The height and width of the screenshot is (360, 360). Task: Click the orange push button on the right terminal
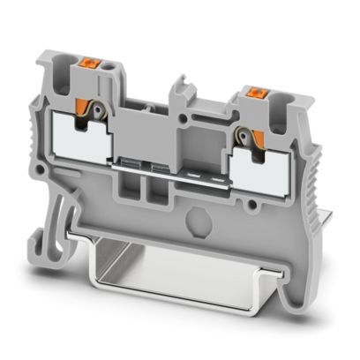click(x=259, y=91)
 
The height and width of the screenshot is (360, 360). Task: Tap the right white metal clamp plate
click(x=264, y=160)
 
